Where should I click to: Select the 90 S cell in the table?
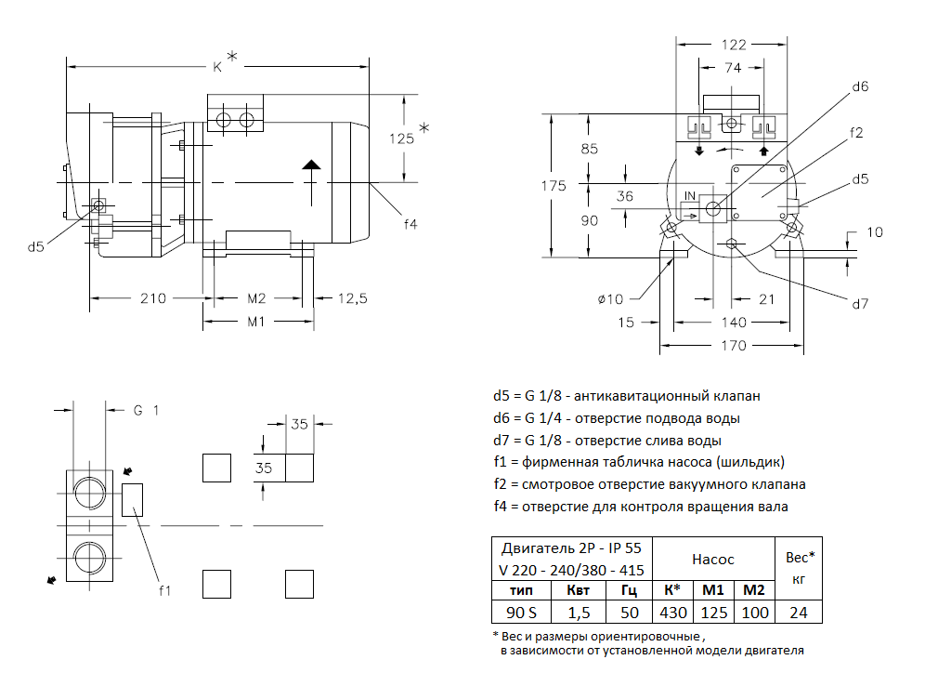tap(521, 613)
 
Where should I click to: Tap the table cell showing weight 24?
tap(799, 613)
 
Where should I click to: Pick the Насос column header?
tap(712, 559)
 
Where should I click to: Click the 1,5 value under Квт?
tap(579, 613)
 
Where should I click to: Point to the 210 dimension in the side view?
tap(152, 298)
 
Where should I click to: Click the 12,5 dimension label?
tap(352, 298)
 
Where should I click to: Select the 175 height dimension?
tap(554, 186)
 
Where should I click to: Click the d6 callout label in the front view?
tap(860, 86)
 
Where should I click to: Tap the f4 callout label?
tap(410, 224)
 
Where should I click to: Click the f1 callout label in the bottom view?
tap(165, 589)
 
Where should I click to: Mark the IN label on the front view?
tap(690, 195)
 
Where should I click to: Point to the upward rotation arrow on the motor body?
tap(311, 167)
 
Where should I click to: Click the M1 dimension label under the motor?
tap(257, 322)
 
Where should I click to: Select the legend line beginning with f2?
tap(649, 484)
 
